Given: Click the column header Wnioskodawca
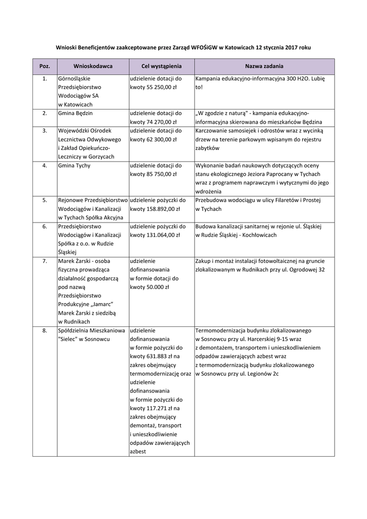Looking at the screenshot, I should (93, 66).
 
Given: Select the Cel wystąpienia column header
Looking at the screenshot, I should (161, 66).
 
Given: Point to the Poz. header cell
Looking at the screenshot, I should (45, 66).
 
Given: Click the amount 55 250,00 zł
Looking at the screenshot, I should (160, 87).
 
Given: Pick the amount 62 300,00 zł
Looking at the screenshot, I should (160, 139).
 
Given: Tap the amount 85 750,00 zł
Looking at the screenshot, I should (160, 174).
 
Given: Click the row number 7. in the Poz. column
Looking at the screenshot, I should (45, 261).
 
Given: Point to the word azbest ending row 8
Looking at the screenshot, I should (138, 451).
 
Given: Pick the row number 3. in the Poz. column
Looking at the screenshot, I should (45, 131).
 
